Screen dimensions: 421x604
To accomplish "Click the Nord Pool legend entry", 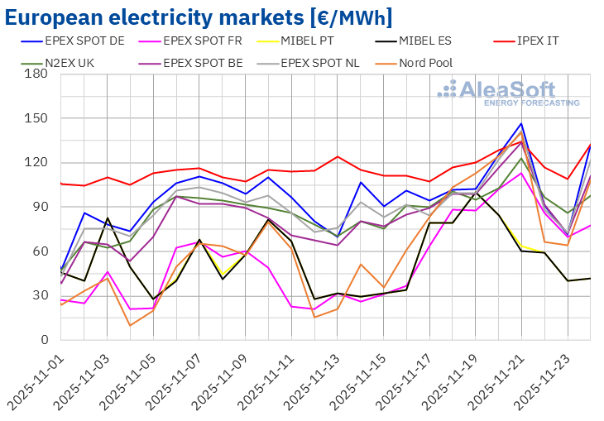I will coord(426,62).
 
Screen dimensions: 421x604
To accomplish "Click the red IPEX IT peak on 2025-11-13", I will coord(338,156).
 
